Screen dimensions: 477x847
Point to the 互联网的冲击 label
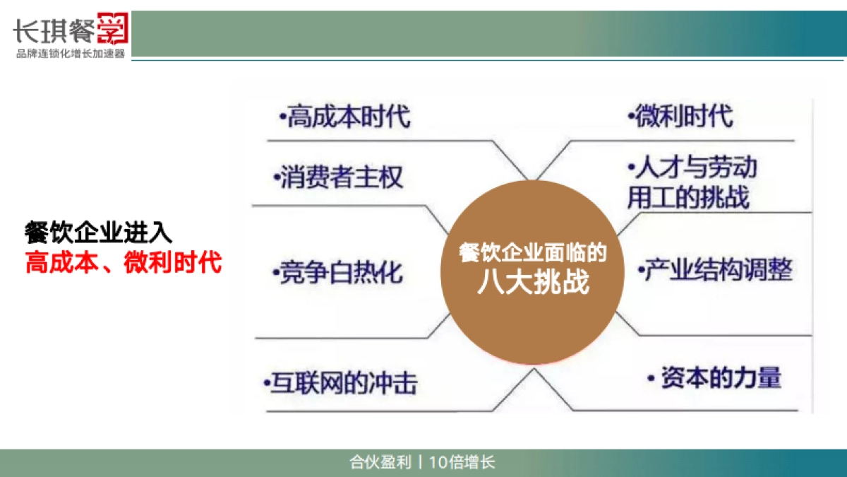342,383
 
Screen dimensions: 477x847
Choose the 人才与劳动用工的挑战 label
691,183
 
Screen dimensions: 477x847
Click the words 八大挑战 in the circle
532,283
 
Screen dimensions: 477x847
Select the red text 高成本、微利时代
124,263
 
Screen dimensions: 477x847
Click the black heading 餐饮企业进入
98,232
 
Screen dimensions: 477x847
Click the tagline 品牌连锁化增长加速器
70,54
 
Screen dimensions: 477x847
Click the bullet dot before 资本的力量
651,379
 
